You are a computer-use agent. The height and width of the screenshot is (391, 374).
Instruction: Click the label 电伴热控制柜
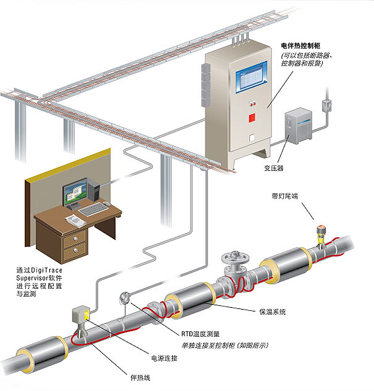tap(300, 46)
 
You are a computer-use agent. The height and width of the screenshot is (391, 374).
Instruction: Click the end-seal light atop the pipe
tap(321, 230)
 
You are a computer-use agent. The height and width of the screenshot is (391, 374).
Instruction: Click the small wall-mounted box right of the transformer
tap(326, 105)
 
